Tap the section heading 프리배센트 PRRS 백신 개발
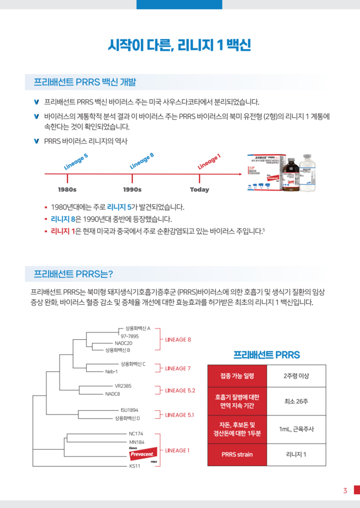85,82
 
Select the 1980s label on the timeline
67,189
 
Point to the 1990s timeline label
132,189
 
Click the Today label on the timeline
199,189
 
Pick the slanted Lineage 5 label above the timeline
76,161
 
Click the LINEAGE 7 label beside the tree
178,368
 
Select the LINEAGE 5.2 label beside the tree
181,390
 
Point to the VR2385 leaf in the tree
123,386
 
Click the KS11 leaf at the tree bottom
134,466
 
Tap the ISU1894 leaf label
129,410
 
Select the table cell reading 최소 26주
296,401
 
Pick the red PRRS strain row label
237,454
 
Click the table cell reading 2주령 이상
296,376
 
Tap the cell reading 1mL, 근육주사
296,429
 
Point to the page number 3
345,491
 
